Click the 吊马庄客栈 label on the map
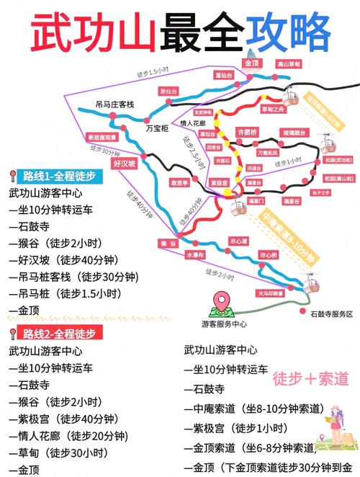(x=116, y=104)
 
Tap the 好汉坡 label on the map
(x=124, y=164)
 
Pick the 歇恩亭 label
(x=180, y=183)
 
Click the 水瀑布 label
(x=195, y=254)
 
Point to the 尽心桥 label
(x=268, y=254)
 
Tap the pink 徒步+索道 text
(x=310, y=378)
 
